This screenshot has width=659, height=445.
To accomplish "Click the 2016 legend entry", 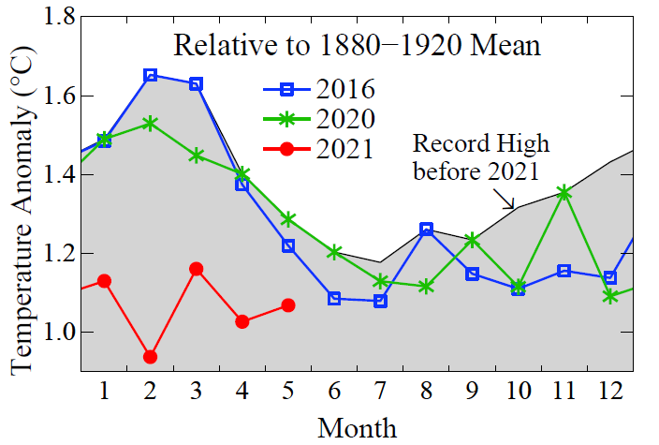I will click(318, 90).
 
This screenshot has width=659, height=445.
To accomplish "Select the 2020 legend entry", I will click(318, 119).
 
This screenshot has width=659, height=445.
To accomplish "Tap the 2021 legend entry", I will click(318, 148).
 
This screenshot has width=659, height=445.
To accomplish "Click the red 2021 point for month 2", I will click(150, 357).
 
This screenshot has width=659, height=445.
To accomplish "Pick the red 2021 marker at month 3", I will click(196, 269).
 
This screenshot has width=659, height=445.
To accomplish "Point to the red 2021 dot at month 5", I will click(288, 305).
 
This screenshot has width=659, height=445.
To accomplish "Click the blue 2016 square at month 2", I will click(150, 75).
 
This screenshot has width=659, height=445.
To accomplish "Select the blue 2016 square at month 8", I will click(427, 229).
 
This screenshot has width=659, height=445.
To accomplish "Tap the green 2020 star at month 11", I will click(564, 193).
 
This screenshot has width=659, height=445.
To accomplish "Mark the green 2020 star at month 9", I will click(473, 241).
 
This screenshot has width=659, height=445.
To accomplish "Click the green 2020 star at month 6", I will click(334, 252).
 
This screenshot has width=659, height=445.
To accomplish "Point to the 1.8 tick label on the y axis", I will click(46, 18).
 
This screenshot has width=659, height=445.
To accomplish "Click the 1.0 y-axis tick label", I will click(46, 333).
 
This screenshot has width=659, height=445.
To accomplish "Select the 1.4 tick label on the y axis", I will click(46, 175).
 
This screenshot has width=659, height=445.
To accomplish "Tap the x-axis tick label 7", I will click(380, 391).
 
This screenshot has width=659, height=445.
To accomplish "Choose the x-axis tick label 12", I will click(610, 391).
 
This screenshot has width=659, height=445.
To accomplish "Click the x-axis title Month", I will click(357, 427).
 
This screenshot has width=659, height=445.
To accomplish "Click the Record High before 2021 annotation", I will click(480, 157).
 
